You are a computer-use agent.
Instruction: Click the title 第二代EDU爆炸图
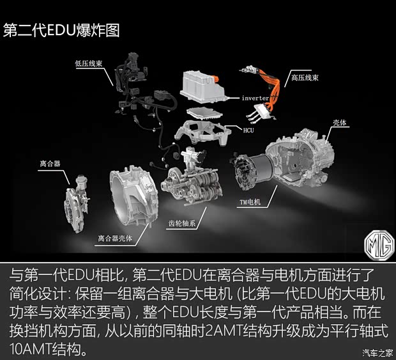click(61, 31)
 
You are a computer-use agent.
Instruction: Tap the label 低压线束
click(89, 63)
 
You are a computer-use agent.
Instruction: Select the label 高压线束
click(305, 77)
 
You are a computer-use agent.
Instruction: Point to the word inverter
click(255, 98)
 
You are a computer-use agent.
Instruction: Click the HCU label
click(248, 130)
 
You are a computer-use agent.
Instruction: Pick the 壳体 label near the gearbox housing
click(339, 123)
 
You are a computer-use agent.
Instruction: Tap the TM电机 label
click(250, 202)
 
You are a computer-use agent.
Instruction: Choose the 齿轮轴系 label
click(182, 223)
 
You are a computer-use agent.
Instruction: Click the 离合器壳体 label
click(115, 238)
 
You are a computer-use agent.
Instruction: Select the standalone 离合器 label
click(50, 164)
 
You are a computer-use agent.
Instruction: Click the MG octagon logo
click(379, 246)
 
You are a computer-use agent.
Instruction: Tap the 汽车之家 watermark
click(378, 352)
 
